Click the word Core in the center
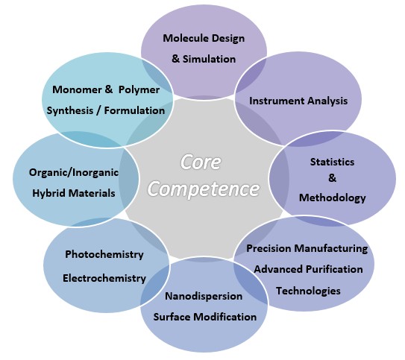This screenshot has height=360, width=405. click(201, 162)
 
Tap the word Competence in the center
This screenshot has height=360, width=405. click(204, 189)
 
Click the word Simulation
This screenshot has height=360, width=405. click(210, 59)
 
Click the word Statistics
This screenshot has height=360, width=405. click(332, 162)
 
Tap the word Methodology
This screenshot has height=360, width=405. click(333, 198)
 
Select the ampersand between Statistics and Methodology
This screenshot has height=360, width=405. click(333, 178)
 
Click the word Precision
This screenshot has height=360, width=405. click(269, 248)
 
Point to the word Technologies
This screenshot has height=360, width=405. click(308, 291)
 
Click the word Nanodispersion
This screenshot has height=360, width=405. click(204, 296)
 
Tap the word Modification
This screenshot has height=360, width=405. click(225, 317)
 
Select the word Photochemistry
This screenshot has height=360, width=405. click(104, 254)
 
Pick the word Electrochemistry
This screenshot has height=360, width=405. click(104, 278)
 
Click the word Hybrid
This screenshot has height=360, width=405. click(48, 193)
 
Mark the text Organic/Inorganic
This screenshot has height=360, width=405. click(74, 172)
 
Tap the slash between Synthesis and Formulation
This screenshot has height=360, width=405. click(98, 111)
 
